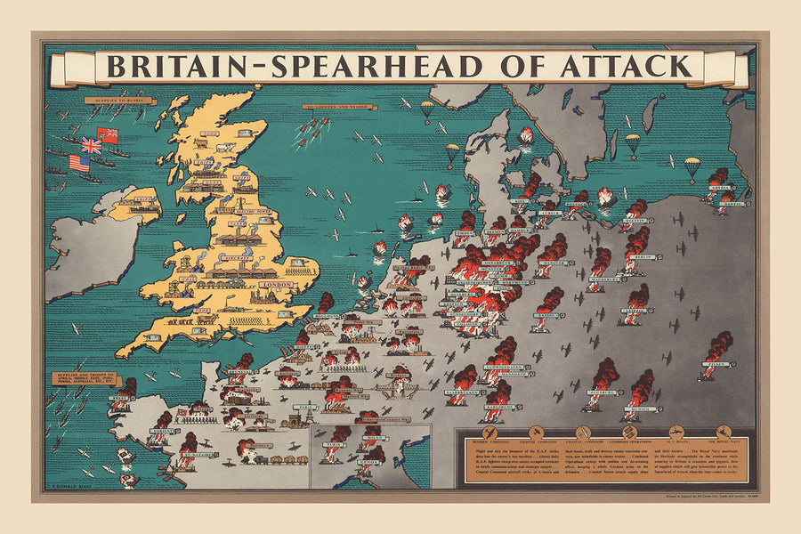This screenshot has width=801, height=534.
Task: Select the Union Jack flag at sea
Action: coord(90,145)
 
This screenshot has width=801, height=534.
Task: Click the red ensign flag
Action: coord(109,136)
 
